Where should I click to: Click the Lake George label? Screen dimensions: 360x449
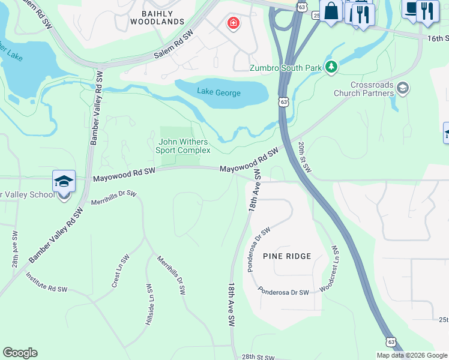click(x=219, y=93)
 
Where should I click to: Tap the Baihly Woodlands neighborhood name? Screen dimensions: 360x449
click(x=157, y=17)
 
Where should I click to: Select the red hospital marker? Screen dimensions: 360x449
click(x=232, y=24)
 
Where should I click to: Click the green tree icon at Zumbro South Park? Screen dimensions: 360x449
click(x=331, y=67)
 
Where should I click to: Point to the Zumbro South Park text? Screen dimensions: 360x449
click(x=286, y=68)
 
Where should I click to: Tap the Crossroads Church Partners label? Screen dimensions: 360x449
click(x=364, y=89)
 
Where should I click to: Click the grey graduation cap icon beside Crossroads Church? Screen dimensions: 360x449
click(x=402, y=89)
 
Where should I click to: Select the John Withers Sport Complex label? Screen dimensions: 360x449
click(x=183, y=146)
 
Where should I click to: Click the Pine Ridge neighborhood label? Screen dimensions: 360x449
click(x=287, y=256)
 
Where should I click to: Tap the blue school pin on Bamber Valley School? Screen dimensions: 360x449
click(x=64, y=182)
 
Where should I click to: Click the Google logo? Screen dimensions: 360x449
click(x=20, y=353)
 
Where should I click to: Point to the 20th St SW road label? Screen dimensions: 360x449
click(x=304, y=158)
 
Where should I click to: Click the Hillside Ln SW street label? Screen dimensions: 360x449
click(x=148, y=304)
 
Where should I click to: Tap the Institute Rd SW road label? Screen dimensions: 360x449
click(x=46, y=281)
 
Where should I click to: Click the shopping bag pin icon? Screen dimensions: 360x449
click(x=331, y=11)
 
